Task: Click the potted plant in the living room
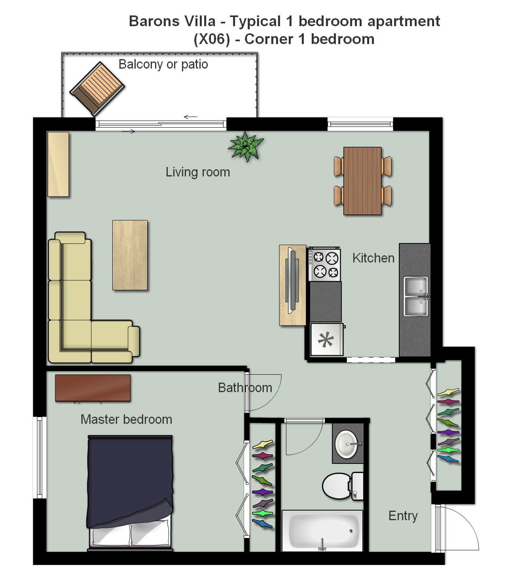click(x=246, y=146)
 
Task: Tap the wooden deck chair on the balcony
click(x=97, y=89)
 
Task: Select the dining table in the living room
click(x=362, y=181)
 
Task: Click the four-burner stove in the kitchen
click(x=324, y=264)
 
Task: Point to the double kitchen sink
click(x=416, y=296)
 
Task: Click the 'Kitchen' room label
click(x=373, y=258)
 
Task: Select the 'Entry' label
click(x=403, y=516)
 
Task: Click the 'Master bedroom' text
click(x=126, y=419)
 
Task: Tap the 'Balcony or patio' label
click(x=163, y=64)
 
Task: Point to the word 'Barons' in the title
click(x=172, y=21)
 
